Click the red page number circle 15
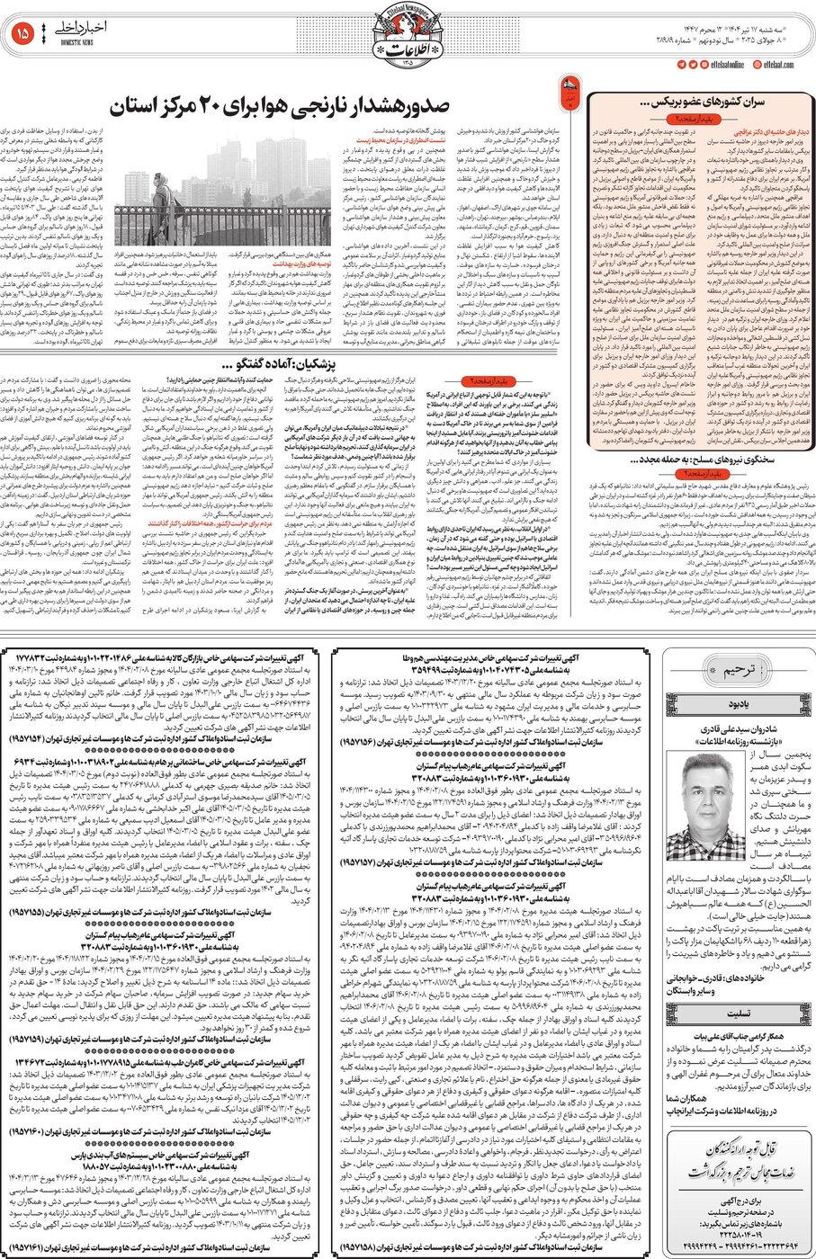click(x=22, y=33)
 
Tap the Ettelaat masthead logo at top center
click(x=407, y=35)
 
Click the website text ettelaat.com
click(x=781, y=64)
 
